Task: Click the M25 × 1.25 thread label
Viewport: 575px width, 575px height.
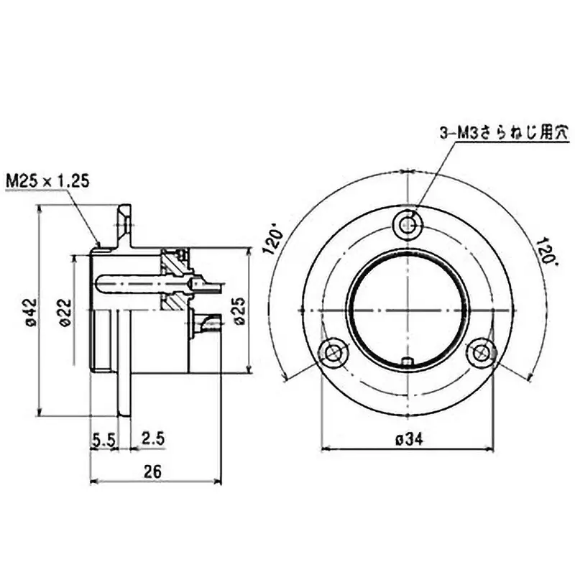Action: coord(47,180)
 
